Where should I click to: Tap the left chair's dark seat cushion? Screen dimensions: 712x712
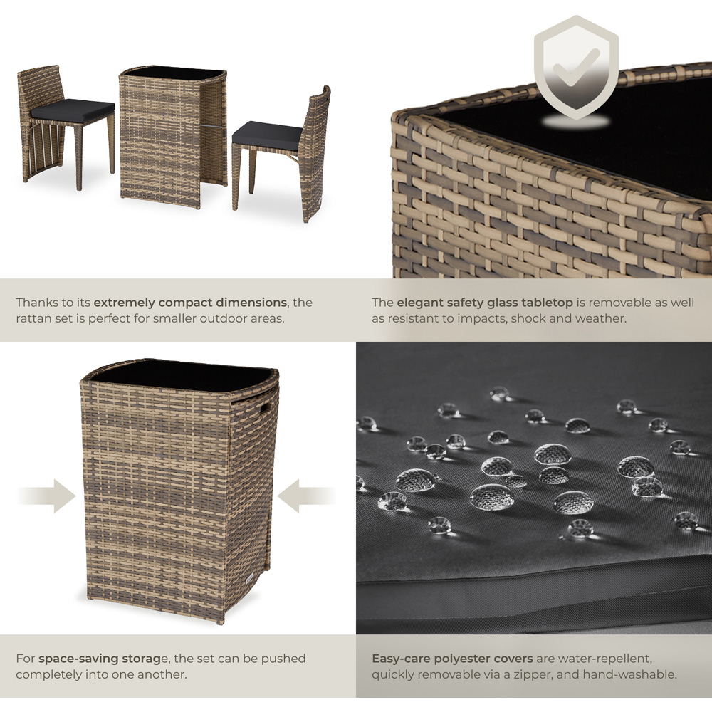(x=72, y=110)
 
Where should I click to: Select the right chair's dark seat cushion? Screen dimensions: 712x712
(x=267, y=132)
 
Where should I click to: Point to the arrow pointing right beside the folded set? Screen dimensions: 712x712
(x=47, y=496)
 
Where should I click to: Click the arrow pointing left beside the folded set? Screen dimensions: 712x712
(x=306, y=496)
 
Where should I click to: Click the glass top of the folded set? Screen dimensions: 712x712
(x=182, y=375)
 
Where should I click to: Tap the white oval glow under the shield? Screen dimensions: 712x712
(x=576, y=121)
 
